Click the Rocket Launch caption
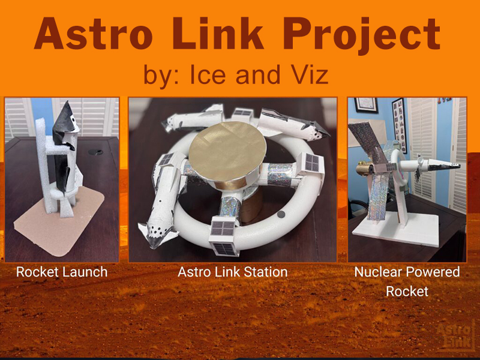[x=62, y=272]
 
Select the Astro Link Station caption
[x=232, y=272]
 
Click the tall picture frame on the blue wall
[x=398, y=123]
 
